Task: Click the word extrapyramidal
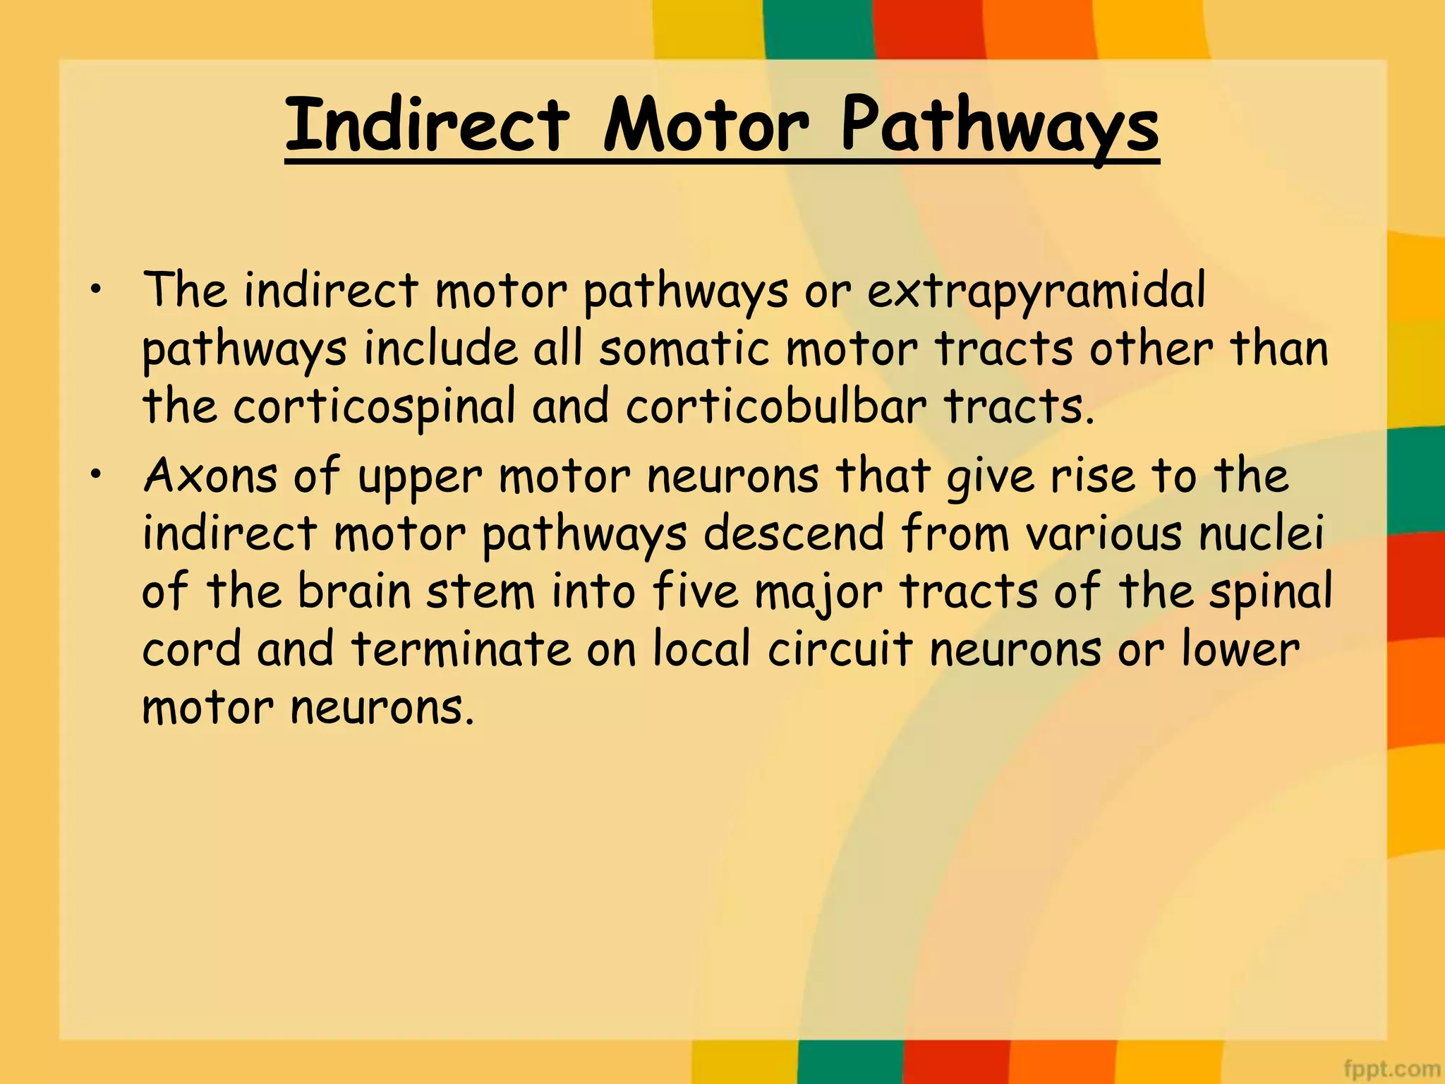(1036, 291)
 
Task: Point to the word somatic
(684, 349)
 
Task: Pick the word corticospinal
(375, 408)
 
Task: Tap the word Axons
(210, 475)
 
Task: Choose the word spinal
(1270, 592)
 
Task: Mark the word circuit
(840, 649)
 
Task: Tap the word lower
(1240, 649)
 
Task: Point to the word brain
(353, 591)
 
